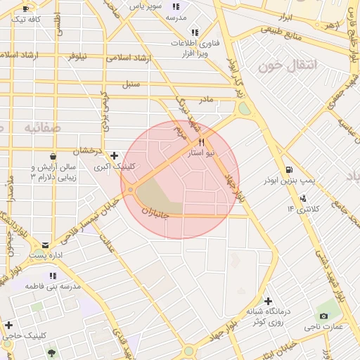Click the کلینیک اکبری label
(116, 167)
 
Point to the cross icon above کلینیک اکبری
(114, 155)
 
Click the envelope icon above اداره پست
(46, 245)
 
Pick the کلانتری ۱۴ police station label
(303, 209)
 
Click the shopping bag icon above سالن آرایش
(53, 156)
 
